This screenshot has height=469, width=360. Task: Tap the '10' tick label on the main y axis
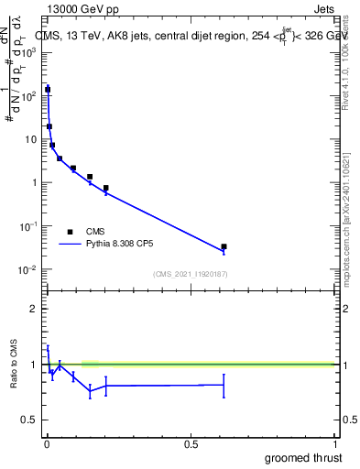coord(32,139)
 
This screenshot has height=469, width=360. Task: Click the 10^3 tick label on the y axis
coord(30,52)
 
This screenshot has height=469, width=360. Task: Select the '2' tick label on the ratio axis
coord(34,309)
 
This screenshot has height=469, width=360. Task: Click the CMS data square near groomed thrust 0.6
coord(224,247)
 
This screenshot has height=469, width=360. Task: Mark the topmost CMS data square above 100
coord(48,90)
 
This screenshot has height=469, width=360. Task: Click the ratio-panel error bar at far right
coord(224,385)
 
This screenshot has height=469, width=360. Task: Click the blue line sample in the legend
coord(71,245)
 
